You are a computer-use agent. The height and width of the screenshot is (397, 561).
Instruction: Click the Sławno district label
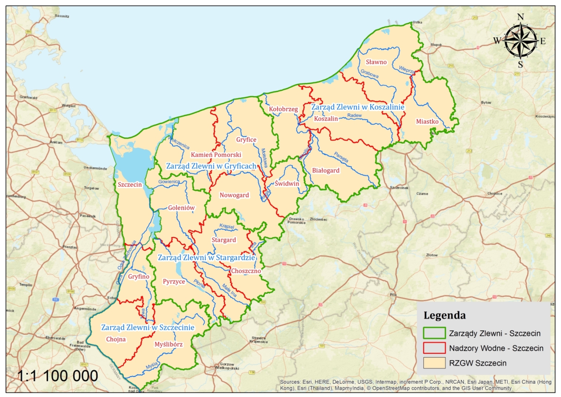(376, 62)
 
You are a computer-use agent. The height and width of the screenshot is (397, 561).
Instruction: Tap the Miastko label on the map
(427, 121)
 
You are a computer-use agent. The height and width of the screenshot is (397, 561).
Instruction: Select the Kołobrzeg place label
(283, 109)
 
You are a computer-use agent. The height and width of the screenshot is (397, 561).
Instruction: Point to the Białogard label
(325, 171)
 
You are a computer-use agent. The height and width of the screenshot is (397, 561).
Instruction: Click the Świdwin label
(287, 184)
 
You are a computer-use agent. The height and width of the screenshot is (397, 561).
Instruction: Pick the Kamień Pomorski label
(216, 155)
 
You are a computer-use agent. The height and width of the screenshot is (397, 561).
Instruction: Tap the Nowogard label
(234, 195)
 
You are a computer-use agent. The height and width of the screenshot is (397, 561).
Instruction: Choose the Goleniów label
(181, 208)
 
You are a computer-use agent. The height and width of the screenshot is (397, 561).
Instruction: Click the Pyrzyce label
(174, 281)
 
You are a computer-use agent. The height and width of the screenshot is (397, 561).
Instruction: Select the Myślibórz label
(168, 344)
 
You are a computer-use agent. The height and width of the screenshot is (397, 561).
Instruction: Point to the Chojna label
(116, 339)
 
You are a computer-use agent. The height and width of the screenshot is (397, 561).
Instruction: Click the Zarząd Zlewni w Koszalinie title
(358, 107)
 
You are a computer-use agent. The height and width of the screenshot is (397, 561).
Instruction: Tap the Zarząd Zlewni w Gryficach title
(211, 166)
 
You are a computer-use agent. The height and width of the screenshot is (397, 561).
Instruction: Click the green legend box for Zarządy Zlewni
(434, 333)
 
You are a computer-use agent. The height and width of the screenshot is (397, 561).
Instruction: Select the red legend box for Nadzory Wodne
(434, 348)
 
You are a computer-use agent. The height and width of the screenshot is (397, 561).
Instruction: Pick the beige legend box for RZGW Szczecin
(434, 363)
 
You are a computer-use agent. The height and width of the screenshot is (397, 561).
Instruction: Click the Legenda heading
(444, 316)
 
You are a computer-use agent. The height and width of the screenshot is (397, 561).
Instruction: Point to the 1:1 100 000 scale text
(58, 376)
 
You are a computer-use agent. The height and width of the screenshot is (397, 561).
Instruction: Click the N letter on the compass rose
(520, 17)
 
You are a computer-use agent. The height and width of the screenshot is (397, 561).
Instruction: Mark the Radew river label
(354, 116)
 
